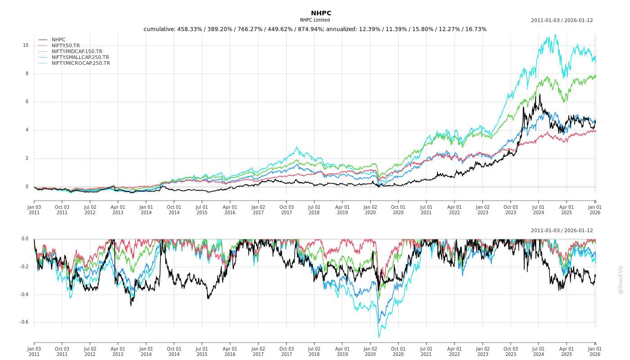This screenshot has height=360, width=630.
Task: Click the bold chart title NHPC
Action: point(321,13)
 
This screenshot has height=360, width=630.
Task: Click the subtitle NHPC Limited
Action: point(315,20)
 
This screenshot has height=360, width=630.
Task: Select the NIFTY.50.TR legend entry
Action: point(65,45)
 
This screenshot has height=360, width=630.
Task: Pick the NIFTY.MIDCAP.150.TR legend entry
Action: point(77,51)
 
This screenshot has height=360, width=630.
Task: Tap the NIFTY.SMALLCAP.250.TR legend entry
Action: point(80,57)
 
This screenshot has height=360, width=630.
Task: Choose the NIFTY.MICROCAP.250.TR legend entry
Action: point(81,63)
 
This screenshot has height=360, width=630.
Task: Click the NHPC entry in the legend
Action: point(58,40)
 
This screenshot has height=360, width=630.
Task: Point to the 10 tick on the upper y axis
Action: point(26,45)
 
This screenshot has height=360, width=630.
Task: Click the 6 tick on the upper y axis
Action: point(27,102)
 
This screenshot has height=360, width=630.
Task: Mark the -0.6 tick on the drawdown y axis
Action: point(24,322)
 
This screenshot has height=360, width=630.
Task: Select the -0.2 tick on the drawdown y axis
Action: point(24,267)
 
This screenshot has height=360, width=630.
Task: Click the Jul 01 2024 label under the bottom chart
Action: point(539,351)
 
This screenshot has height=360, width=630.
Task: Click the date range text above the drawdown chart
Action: point(562,230)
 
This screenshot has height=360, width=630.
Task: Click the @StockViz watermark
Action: point(621,280)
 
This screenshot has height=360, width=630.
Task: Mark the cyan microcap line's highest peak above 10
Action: point(555,35)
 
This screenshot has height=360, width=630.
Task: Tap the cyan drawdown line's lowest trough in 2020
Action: point(378,337)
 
